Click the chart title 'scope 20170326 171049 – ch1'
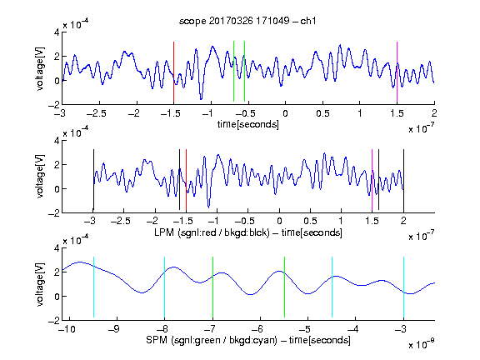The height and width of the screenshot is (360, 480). click(247, 21)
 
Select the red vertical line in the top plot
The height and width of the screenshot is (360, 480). click(173, 72)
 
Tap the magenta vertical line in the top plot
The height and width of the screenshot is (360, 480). click(397, 72)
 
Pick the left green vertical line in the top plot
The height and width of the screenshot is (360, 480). click(233, 71)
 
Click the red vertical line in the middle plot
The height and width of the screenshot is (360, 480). click(186, 180)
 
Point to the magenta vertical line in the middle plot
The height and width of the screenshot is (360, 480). click(372, 180)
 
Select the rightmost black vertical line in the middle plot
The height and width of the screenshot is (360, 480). click(403, 180)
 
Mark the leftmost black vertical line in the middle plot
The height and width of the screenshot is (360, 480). click(93, 180)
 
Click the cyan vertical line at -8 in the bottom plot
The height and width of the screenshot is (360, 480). click(164, 287)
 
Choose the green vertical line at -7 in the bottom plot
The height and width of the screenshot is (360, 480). click(212, 287)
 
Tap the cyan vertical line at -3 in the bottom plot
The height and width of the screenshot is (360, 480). click(403, 287)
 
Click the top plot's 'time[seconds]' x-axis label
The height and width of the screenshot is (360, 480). click(248, 124)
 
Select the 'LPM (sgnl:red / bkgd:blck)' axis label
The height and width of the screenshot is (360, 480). click(212, 232)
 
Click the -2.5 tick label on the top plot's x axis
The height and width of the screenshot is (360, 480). click(97, 113)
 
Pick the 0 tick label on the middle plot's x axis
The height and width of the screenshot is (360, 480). click(279, 221)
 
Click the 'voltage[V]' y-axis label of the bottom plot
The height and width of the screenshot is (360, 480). click(40, 284)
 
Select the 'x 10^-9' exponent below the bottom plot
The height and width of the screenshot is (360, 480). click(422, 344)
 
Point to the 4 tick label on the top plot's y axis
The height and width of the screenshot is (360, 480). click(57, 32)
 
